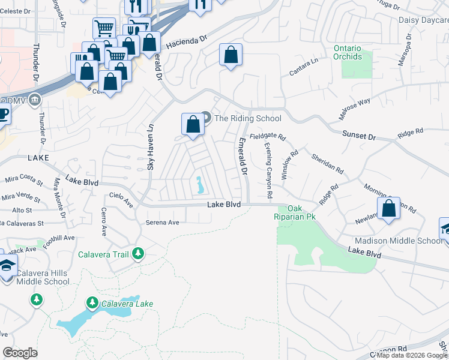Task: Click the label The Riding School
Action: tap(247, 118)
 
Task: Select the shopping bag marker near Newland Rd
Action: tap(389, 209)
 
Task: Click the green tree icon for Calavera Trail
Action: tap(138, 254)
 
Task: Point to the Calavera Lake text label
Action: tap(127, 304)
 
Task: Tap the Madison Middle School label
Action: tap(398, 241)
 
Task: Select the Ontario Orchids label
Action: tap(348, 52)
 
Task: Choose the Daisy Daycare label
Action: tap(423, 20)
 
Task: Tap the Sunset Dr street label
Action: tap(358, 136)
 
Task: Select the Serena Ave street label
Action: tap(163, 222)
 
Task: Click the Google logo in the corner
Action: tap(20, 353)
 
